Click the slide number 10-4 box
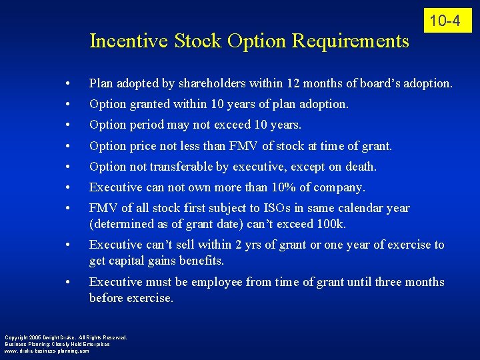445,21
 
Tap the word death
360,167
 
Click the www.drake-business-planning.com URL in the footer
47,351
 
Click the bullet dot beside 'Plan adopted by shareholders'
69,85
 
